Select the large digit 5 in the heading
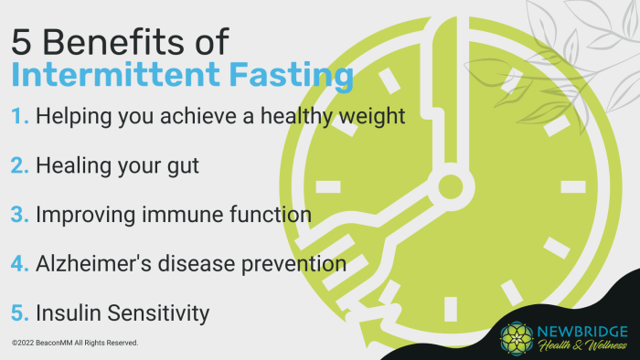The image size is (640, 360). [x=23, y=42]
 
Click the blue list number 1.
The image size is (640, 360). [x=20, y=118]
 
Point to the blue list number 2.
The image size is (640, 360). [x=21, y=167]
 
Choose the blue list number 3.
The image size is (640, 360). [x=21, y=216]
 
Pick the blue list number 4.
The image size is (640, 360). [x=21, y=264]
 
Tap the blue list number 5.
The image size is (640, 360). [x=21, y=312]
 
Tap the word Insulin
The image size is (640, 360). [x=67, y=312]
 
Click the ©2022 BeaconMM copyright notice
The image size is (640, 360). [x=75, y=343]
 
